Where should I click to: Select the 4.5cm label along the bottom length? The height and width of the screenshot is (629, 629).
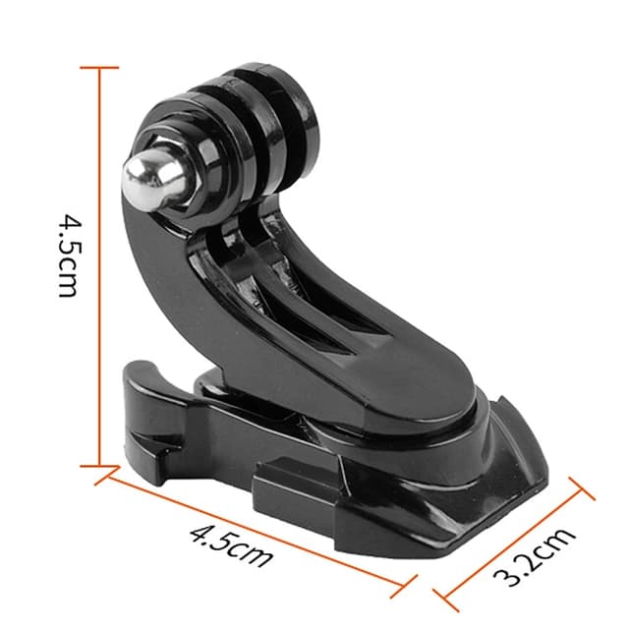(230, 544)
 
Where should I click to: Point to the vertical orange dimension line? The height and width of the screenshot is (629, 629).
(98, 265)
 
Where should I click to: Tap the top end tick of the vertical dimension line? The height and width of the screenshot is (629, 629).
(98, 68)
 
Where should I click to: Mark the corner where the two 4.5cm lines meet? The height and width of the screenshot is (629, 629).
(98, 468)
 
